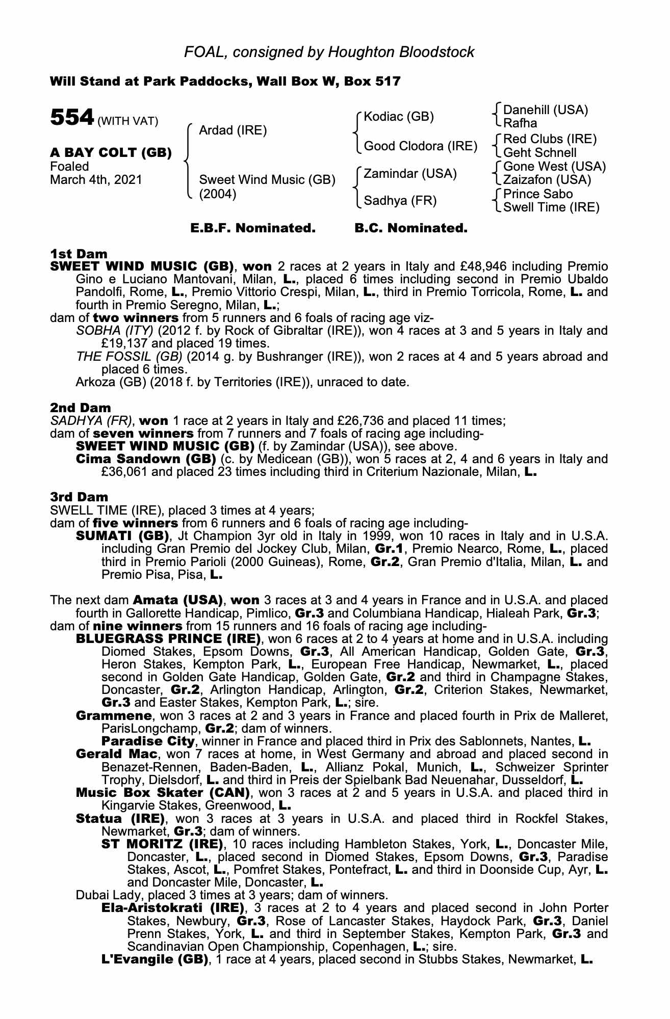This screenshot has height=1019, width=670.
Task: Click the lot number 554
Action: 72,118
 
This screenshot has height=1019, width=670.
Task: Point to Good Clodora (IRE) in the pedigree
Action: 420,147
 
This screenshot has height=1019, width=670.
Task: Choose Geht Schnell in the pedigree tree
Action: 539,152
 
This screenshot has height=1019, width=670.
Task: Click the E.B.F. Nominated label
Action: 253,228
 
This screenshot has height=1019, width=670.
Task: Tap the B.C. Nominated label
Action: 410,228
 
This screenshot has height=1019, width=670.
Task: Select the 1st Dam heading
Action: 79,254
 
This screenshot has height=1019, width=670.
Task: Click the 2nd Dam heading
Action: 80,408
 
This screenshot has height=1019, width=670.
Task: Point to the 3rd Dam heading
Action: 79,497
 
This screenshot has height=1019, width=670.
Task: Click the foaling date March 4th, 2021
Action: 96,180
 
